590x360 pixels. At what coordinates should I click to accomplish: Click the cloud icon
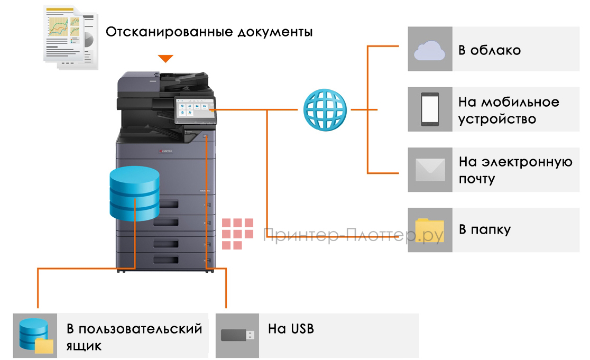430,50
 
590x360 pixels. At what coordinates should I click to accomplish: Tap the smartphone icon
430,109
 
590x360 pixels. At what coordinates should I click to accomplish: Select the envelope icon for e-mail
430,170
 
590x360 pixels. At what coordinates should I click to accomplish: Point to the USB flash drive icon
237,335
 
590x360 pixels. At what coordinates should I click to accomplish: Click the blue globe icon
325,109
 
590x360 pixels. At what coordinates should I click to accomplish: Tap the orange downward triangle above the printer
165,58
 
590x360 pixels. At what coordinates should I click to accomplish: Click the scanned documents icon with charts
70,37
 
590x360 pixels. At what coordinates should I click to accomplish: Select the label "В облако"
489,50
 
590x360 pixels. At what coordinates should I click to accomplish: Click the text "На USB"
291,329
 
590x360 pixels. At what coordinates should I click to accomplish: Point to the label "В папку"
484,230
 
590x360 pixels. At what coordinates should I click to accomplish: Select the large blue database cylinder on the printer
134,195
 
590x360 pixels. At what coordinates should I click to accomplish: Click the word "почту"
476,179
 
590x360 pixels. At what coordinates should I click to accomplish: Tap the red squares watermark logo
237,233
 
